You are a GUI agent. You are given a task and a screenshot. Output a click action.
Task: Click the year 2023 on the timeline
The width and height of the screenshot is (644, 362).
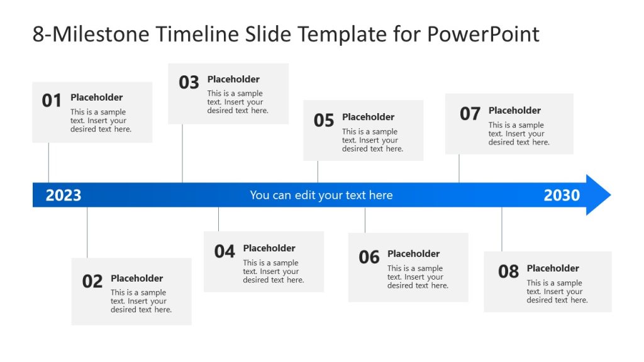(64, 195)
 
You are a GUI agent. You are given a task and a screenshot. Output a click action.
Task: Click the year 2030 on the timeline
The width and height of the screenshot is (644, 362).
(562, 195)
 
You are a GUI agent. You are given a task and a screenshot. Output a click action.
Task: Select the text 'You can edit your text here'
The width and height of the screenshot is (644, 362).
(321, 195)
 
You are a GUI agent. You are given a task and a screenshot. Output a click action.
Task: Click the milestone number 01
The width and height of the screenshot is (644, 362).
(52, 101)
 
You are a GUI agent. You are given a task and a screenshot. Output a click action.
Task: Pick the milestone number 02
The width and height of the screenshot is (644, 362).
(92, 282)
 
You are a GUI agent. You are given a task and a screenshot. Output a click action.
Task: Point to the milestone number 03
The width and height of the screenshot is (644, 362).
(189, 82)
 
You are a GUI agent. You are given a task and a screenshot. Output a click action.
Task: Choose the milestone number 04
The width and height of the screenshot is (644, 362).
(225, 251)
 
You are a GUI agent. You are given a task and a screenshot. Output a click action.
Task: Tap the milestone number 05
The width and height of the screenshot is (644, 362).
(324, 120)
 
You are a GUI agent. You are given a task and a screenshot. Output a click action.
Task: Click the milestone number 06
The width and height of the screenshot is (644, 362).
(369, 257)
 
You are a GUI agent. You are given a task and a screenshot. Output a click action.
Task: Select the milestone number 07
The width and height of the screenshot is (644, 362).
(470, 114)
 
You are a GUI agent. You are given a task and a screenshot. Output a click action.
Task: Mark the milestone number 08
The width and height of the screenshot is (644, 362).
(508, 271)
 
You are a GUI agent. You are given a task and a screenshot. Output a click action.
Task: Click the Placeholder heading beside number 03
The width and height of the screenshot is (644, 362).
(233, 79)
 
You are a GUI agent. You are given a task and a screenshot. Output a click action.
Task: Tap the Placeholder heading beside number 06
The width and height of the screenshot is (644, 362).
(413, 254)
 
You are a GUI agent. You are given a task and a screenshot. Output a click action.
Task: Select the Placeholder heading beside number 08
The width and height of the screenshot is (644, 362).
(553, 268)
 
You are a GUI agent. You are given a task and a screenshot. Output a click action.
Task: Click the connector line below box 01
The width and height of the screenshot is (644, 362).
(48, 162)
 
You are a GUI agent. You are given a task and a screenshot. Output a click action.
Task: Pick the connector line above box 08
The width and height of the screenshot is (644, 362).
(502, 229)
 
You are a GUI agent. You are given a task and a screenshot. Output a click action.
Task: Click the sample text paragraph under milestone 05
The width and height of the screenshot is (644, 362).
(372, 140)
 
